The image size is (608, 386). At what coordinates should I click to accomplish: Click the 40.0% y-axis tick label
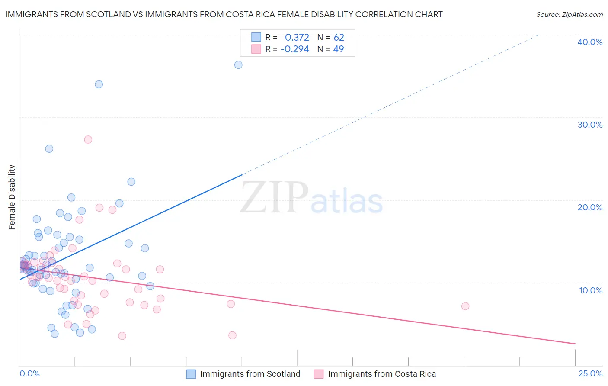[x=590, y=42]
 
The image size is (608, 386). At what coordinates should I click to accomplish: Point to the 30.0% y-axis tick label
[x=590, y=125]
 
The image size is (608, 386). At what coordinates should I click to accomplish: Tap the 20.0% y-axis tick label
[x=590, y=207]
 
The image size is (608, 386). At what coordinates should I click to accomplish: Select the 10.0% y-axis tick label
[x=591, y=290]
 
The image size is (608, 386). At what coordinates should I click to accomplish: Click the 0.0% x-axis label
[x=29, y=373]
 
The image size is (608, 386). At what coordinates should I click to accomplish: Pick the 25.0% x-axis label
[x=590, y=373]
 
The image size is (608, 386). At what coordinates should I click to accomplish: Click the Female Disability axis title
[x=12, y=197]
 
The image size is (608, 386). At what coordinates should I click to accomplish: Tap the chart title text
[x=224, y=14]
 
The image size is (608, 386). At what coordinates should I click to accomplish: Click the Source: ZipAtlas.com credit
[x=569, y=14]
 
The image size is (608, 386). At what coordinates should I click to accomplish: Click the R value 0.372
[x=297, y=38]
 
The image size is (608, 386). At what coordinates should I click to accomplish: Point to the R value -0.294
[x=295, y=49]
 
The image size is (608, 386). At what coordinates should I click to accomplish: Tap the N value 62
[x=339, y=38]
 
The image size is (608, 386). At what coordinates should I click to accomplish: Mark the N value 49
[x=339, y=49]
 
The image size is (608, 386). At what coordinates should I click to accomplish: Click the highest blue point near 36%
[x=238, y=65]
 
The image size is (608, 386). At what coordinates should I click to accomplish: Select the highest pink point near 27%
[x=88, y=139]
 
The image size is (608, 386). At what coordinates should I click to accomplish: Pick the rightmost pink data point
[x=465, y=306]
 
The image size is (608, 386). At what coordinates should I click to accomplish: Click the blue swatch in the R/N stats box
[x=256, y=37]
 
